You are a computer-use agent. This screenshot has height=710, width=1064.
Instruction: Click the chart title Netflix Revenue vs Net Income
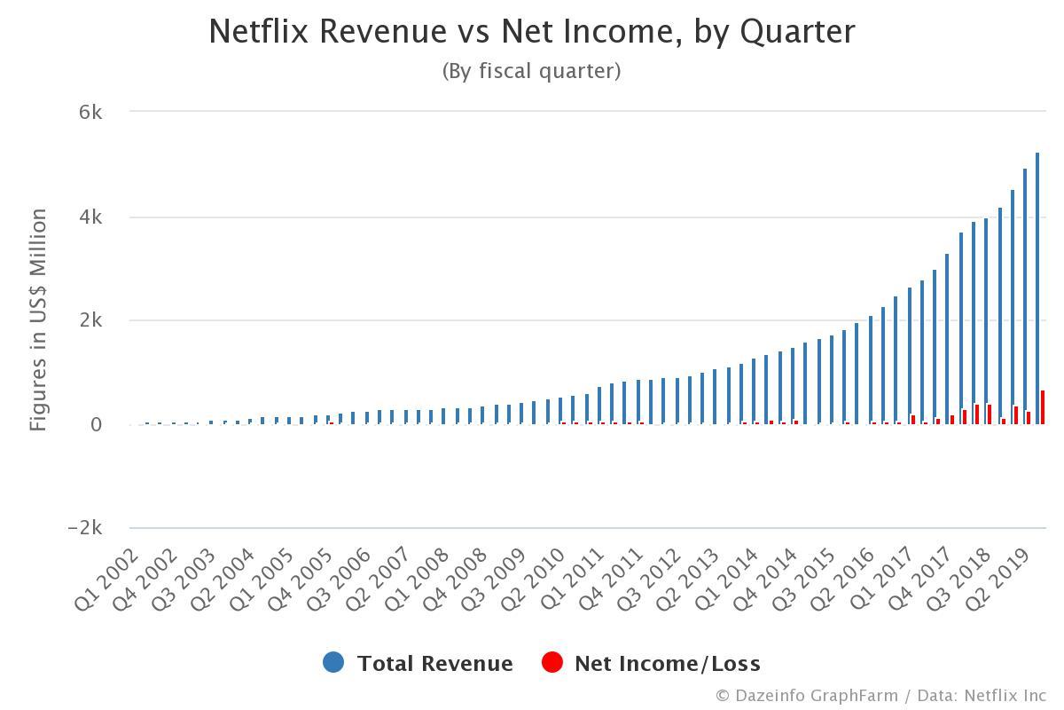(x=532, y=32)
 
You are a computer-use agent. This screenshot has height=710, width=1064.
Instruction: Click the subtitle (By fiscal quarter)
(x=532, y=71)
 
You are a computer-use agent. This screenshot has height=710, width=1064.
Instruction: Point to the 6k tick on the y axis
(x=90, y=113)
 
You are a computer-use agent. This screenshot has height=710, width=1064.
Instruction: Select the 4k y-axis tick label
(x=90, y=217)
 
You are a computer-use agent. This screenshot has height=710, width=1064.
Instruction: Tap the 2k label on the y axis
(x=90, y=320)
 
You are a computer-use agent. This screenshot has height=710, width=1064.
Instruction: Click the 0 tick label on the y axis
(x=97, y=425)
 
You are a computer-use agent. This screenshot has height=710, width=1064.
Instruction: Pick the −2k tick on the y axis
(x=85, y=528)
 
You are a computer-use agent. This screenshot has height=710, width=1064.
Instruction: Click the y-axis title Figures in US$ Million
(x=38, y=319)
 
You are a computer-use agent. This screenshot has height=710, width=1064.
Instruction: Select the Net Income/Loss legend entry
(x=652, y=663)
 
